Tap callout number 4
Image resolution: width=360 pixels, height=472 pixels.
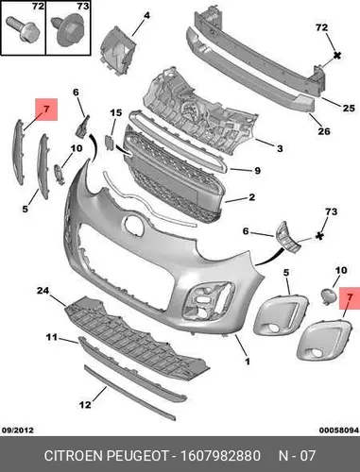click(146, 15)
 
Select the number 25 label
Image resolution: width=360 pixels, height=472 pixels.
click(349, 108)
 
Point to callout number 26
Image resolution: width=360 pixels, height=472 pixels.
click(324, 130)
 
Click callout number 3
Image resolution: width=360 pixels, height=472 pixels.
click(280, 148)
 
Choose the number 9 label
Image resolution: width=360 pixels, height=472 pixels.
click(257, 171)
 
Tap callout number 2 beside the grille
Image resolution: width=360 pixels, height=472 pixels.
click(251, 197)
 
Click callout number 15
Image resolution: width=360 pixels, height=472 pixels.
click(116, 112)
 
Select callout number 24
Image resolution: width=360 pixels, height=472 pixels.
click(43, 291)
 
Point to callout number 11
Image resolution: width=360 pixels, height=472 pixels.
click(51, 338)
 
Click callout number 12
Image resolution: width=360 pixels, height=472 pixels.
click(85, 404)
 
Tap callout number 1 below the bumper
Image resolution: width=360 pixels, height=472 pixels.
click(248, 362)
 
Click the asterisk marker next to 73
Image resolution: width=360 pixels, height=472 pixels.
click(320, 236)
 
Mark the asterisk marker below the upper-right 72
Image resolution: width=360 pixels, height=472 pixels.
click(337, 56)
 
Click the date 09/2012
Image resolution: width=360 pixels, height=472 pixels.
click(18, 430)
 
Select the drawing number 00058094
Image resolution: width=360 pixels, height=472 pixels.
click(339, 430)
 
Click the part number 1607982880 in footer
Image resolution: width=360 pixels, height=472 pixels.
click(220, 456)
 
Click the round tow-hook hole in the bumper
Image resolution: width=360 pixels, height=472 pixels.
click(135, 224)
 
